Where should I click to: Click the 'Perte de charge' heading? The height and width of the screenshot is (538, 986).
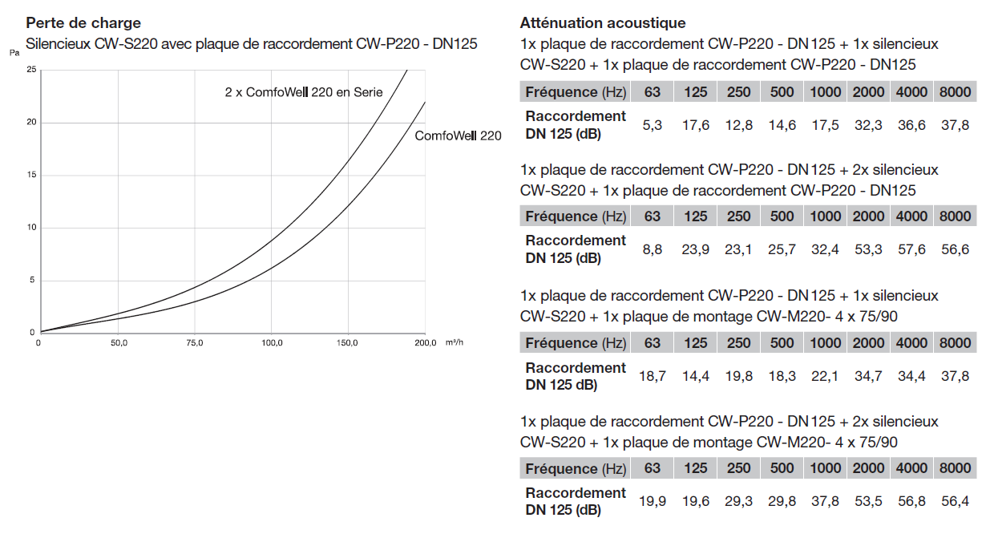point(83,23)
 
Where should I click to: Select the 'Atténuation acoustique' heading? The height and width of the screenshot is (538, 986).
point(603,23)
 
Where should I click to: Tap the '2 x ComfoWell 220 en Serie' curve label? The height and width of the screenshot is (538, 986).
point(304,92)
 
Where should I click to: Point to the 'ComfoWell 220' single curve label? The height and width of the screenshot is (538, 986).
point(458,136)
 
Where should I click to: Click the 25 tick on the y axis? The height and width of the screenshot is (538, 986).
point(31,69)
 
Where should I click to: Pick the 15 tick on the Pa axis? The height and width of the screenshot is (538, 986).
point(31,174)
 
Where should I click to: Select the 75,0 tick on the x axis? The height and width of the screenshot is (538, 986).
point(195,342)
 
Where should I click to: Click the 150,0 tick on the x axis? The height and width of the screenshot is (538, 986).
point(347,342)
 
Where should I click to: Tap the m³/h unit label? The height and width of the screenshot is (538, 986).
point(455,342)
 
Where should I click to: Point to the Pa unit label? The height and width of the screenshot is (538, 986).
point(14,53)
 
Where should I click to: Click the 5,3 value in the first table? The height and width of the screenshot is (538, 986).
point(653,125)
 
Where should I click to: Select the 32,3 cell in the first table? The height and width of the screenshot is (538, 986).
point(868,125)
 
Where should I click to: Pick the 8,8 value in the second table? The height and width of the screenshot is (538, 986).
point(653,249)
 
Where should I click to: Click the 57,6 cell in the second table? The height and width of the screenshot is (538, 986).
point(911,249)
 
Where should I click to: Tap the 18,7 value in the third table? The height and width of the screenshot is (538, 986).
point(653,376)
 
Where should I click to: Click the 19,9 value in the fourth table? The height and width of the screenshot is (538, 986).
point(653,501)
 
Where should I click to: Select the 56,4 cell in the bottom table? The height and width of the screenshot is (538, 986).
point(956,501)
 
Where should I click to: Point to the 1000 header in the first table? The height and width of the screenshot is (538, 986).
point(826,92)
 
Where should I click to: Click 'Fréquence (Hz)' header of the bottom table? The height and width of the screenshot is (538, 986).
point(576,468)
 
